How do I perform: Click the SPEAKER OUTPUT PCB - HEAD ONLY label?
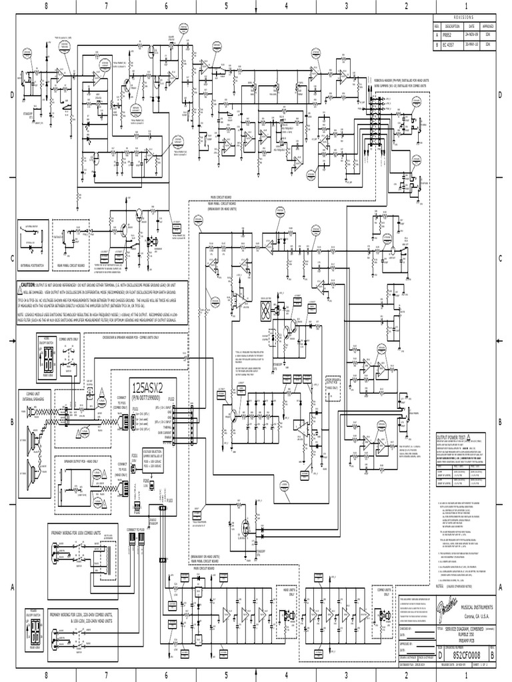pyautogui.click(x=81, y=460)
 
